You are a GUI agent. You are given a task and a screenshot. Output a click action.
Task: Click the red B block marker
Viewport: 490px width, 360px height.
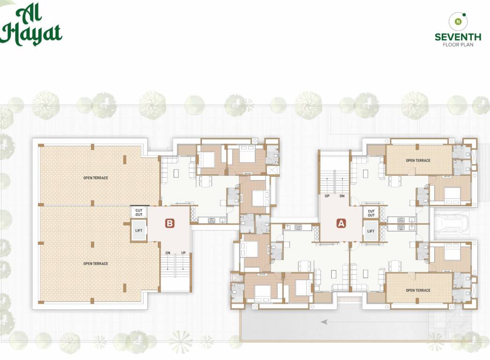pyautogui.click(x=170, y=224)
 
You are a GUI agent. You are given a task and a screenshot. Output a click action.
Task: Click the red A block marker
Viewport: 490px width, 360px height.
pyautogui.click(x=341, y=224)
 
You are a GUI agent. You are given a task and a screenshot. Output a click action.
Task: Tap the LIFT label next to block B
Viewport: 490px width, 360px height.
pyautogui.click(x=139, y=231)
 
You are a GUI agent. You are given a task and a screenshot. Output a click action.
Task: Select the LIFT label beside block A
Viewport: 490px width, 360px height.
pyautogui.click(x=371, y=231)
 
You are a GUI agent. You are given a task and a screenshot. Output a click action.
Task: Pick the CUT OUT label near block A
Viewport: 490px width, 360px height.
pyautogui.click(x=371, y=213)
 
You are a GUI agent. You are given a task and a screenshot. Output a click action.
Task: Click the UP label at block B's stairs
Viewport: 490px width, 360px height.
pyautogui.click(x=184, y=253)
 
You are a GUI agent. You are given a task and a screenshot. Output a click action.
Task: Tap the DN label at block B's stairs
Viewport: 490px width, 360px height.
pyautogui.click(x=168, y=253)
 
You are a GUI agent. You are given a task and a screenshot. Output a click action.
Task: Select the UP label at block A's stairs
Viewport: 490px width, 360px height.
pyautogui.click(x=327, y=196)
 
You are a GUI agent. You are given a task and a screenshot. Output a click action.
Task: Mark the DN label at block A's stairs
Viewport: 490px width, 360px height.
pyautogui.click(x=342, y=196)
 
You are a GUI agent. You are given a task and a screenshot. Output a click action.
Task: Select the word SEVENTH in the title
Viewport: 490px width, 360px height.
pyautogui.click(x=458, y=37)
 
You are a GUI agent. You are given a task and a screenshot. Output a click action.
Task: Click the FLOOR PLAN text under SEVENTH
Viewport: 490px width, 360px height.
pyautogui.click(x=458, y=45)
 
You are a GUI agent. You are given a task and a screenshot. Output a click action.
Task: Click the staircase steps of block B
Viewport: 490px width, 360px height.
pyautogui.click(x=175, y=272)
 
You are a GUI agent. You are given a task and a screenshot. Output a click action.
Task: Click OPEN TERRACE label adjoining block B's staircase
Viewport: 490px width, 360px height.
pyautogui.click(x=96, y=264)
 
